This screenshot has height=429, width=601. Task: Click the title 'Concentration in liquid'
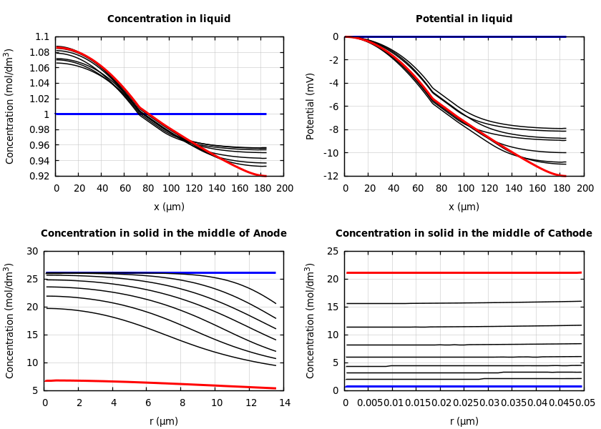point(169,19)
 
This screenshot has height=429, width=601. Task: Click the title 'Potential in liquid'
point(464,19)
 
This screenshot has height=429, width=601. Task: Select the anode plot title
point(163,234)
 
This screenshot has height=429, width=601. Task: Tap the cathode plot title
point(464,234)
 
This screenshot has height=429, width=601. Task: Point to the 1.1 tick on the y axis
point(42,36)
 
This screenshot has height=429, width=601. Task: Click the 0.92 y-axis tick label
point(40,176)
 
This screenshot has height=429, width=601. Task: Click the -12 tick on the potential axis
point(331,176)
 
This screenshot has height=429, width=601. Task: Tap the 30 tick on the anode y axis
point(31,251)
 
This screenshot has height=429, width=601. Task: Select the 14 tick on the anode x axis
point(284,403)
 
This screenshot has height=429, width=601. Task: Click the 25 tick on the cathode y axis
point(332,251)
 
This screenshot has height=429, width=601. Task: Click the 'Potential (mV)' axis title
point(311,106)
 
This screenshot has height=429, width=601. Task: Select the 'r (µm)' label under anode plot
point(163,421)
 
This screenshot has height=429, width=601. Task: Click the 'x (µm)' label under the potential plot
point(464,207)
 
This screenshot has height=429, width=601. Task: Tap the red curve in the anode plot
point(165,383)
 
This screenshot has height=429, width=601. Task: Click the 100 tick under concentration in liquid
point(170,189)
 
